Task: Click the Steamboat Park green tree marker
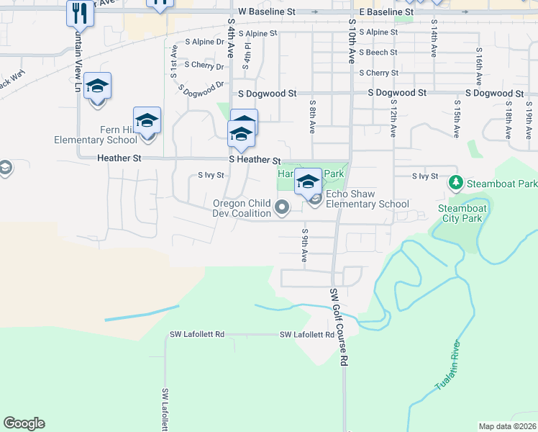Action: click(455, 184)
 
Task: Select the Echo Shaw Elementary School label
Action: click(368, 199)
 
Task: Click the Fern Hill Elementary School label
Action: click(96, 135)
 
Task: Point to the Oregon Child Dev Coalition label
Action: click(241, 208)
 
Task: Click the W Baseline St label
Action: click(267, 12)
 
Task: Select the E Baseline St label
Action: click(386, 12)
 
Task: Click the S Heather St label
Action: click(254, 160)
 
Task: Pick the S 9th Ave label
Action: click(305, 246)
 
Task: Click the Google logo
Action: click(24, 423)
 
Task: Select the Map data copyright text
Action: click(507, 426)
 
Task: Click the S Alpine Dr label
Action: click(204, 42)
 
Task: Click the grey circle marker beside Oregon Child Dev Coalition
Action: click(283, 210)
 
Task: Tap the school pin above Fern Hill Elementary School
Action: click(147, 120)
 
